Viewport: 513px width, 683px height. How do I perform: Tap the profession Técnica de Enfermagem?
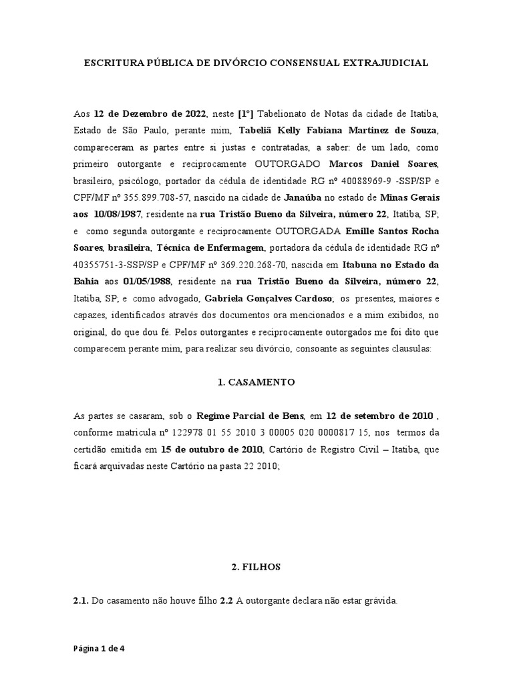(x=212, y=249)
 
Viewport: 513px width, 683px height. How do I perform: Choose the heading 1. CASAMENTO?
(x=256, y=383)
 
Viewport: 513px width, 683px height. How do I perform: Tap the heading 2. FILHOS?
(x=256, y=567)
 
